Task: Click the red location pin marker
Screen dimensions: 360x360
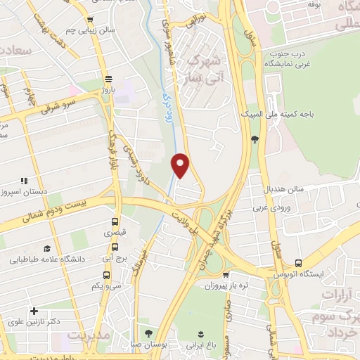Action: pyautogui.click(x=181, y=165)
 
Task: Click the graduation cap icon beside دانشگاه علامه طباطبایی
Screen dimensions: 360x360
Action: pyautogui.click(x=48, y=248)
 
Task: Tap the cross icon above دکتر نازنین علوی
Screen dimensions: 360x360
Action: pyautogui.click(x=34, y=311)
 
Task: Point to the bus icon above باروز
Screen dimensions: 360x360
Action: pyautogui.click(x=107, y=79)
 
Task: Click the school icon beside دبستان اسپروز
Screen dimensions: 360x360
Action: pyautogui.click(x=23, y=181)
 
